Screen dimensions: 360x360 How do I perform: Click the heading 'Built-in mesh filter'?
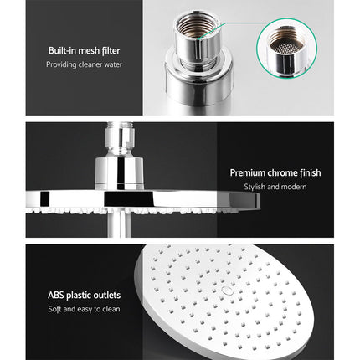(83, 49)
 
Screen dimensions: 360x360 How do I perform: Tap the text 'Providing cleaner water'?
(83, 64)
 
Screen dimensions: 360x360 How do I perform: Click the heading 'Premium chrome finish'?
(275, 173)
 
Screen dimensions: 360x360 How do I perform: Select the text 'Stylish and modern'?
(275, 188)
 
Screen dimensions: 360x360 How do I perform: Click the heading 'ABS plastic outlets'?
(84, 295)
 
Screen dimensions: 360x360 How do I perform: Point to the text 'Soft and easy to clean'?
(84, 309)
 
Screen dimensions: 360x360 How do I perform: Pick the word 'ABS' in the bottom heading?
(56, 295)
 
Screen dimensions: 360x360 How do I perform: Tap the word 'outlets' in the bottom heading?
(106, 295)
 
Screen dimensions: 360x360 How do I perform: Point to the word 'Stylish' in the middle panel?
(255, 188)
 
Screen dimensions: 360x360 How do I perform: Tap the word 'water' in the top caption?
(109, 64)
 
